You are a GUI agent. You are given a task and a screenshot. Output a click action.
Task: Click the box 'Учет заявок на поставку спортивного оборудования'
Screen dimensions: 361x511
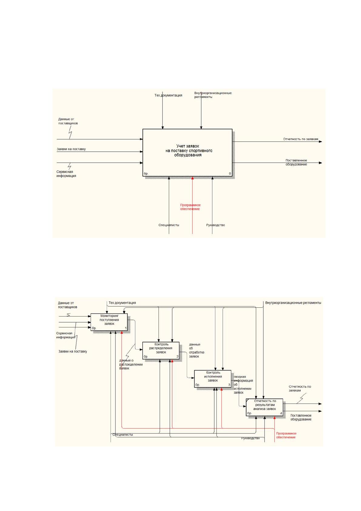pos(187,153)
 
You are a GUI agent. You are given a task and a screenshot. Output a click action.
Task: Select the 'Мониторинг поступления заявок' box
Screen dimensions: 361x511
pos(109,322)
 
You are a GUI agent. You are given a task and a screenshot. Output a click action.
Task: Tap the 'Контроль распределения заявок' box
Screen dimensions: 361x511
pos(161,350)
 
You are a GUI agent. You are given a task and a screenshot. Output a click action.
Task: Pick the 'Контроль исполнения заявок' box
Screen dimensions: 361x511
pos(213,379)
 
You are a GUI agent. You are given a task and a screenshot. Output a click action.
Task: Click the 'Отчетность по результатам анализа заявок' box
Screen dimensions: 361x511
pos(264,407)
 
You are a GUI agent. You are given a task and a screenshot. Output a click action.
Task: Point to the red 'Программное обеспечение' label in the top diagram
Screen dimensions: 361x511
pos(190,207)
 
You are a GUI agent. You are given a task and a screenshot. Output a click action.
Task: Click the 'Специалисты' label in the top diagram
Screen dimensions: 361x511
pos(169,225)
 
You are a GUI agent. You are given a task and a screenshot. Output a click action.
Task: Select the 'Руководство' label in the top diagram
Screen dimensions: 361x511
pos(216,225)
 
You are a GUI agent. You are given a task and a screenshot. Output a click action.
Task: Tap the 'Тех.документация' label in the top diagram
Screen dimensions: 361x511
pos(168,95)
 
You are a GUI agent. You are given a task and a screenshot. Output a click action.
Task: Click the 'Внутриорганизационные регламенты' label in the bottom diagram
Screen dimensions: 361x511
pos(293,303)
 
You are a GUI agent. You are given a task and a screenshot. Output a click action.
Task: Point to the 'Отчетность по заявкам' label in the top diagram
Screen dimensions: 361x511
pos(301,139)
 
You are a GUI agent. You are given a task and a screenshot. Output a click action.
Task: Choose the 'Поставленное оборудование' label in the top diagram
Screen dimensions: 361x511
pos(296,162)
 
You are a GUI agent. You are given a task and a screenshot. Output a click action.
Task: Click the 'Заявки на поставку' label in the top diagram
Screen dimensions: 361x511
pos(71,149)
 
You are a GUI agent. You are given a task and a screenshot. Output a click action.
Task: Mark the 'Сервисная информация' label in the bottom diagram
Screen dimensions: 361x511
pos(66,335)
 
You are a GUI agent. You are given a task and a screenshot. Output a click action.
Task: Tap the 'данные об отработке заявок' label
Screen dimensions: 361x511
pos(196,350)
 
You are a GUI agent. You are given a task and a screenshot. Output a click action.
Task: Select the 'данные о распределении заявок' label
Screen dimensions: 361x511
pos(131,364)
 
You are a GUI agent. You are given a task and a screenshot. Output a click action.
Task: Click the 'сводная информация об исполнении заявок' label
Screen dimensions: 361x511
pos(243,384)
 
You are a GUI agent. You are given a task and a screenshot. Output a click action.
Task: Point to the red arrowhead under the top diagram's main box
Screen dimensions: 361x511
pos(192,178)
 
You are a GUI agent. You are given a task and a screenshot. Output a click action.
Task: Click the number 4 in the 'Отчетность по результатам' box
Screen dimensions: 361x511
pos(281,413)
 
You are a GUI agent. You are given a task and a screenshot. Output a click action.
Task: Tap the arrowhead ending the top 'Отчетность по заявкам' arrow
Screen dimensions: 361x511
pos(320,142)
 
